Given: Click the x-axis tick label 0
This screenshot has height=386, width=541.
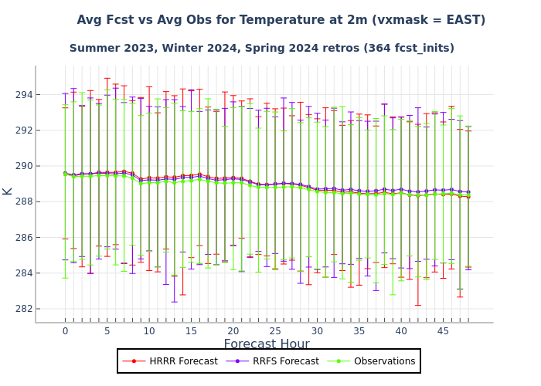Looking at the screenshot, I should [65, 331].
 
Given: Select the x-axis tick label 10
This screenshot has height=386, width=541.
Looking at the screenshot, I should [149, 331].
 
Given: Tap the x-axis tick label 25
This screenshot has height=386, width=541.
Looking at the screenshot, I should [275, 331].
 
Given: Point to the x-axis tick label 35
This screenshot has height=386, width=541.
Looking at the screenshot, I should [359, 331].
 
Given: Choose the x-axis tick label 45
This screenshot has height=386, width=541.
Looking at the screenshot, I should [444, 331].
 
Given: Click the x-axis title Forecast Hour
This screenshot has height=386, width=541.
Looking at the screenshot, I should [267, 345].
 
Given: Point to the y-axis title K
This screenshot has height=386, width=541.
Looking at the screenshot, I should [8, 191].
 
